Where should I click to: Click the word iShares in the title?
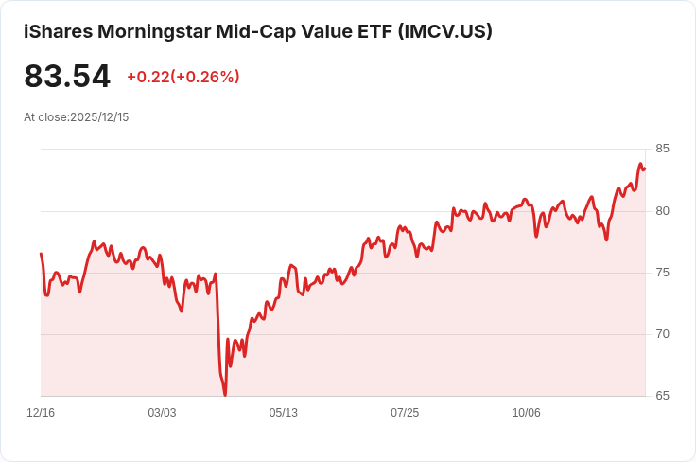pyautogui.click(x=56, y=31)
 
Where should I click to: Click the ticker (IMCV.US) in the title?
pyautogui.click(x=444, y=31)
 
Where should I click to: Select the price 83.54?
pyautogui.click(x=67, y=77)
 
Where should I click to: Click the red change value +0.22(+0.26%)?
pyautogui.click(x=183, y=77)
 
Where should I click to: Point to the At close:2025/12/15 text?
pyautogui.click(x=76, y=117)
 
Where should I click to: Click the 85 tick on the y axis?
pyautogui.click(x=662, y=149)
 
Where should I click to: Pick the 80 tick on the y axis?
pyautogui.click(x=662, y=210)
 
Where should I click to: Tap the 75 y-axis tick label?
pyautogui.click(x=662, y=273)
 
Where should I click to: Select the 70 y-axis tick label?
pyautogui.click(x=662, y=334)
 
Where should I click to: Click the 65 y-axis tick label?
pyautogui.click(x=662, y=396)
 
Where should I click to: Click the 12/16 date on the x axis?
pyautogui.click(x=41, y=413)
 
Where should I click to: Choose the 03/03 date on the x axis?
pyautogui.click(x=162, y=413)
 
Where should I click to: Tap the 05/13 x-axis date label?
pyautogui.click(x=284, y=413)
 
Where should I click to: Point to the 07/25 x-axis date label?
pyautogui.click(x=405, y=413)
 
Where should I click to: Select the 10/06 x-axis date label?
pyautogui.click(x=526, y=413)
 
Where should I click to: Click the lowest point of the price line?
pyautogui.click(x=225, y=394)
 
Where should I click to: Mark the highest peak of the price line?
pyautogui.click(x=641, y=164)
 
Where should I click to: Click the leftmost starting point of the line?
pyautogui.click(x=41, y=254)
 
